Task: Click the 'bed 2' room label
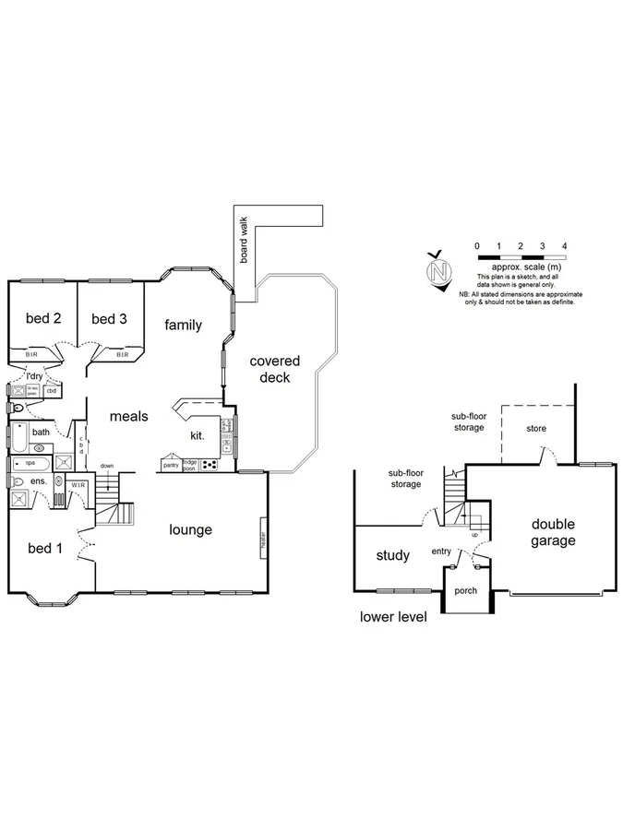(43, 319)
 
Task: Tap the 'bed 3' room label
(110, 319)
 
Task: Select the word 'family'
(184, 325)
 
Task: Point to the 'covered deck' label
(275, 369)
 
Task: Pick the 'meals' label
(129, 416)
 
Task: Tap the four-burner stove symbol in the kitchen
(211, 464)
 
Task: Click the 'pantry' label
(171, 465)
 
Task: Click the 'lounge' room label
(191, 529)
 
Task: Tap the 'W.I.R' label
(78, 485)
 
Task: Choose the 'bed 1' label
(45, 549)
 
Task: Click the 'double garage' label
(554, 532)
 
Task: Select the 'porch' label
(467, 590)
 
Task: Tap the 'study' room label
(393, 556)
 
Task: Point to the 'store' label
(536, 429)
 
